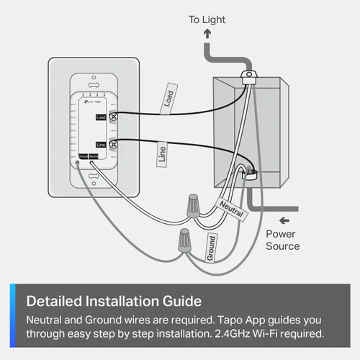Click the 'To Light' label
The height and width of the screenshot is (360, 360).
208,19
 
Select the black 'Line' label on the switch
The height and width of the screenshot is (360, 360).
100,145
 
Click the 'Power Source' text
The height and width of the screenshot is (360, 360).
282,240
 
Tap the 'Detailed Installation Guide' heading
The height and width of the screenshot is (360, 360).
114,300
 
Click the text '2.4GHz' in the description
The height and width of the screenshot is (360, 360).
215,333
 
